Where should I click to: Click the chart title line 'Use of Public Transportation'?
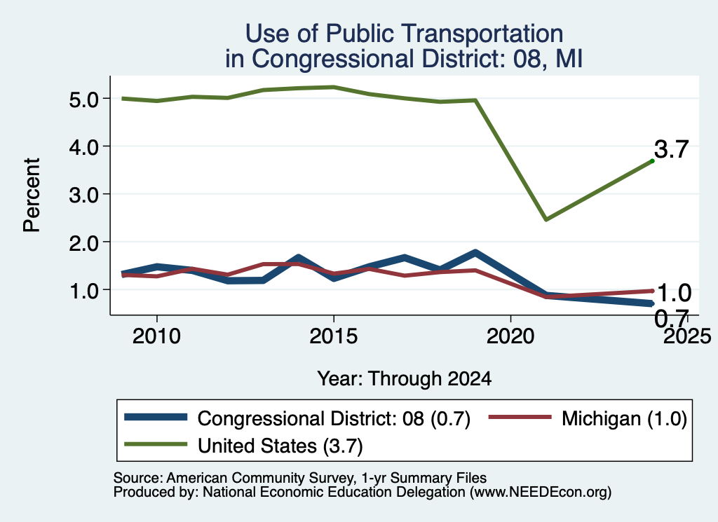coord(404,34)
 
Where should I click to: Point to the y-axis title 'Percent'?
coord(32,195)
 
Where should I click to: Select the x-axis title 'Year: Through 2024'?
coord(405,379)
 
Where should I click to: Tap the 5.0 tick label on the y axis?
coord(84,99)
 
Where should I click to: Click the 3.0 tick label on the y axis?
coord(84,195)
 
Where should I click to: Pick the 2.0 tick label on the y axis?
coord(84,243)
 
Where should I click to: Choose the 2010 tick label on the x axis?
coord(156,336)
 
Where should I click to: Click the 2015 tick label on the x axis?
coord(333,336)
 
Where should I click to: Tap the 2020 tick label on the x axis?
coord(510,336)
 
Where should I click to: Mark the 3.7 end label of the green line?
coord(671,149)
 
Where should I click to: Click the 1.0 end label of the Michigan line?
coord(674,293)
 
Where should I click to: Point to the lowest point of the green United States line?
coord(546,219)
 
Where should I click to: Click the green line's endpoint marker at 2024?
coord(652,161)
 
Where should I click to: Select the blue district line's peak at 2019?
coord(475,252)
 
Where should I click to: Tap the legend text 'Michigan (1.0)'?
coord(624,418)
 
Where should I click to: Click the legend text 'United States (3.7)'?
coord(280,446)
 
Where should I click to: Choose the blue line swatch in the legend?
coord(156,417)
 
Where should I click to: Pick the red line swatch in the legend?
coord(520,417)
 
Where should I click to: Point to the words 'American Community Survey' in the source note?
coord(259,478)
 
